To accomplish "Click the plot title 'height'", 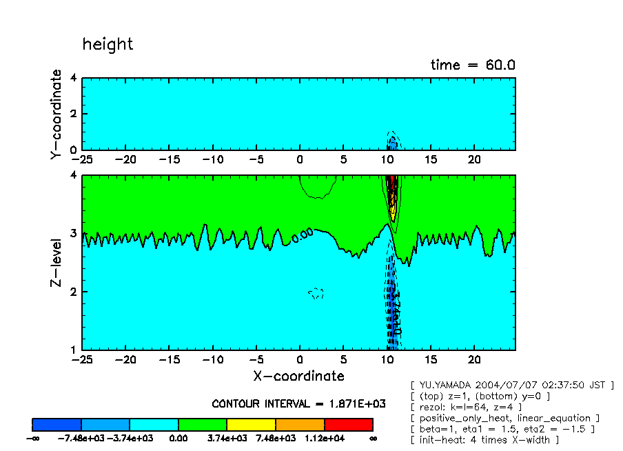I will click(108, 45).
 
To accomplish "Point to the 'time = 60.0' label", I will click(473, 65).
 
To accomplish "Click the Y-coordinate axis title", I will click(56, 114).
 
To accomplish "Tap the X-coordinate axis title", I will click(298, 376).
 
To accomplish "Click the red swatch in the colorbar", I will click(348, 424).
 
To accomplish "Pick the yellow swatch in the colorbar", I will click(251, 424).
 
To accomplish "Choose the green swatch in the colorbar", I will click(203, 424).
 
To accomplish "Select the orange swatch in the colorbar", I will click(300, 424).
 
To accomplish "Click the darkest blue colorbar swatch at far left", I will click(57, 424).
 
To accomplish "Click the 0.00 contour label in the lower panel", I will click(303, 236).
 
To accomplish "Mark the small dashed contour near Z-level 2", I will click(316, 293).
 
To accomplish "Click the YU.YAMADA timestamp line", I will click(511, 385).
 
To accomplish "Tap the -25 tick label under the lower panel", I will click(83, 360).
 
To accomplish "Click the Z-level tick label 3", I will click(74, 234).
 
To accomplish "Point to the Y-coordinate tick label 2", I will click(74, 114).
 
